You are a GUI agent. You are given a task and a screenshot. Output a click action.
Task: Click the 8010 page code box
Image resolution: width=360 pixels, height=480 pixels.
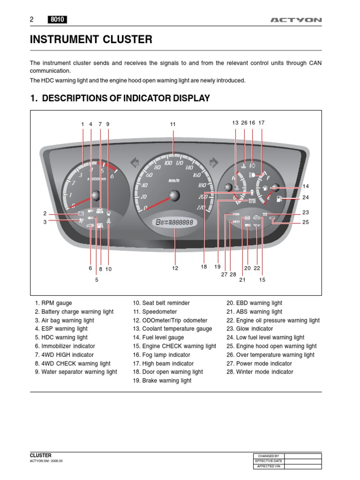pyautogui.click(x=57, y=20)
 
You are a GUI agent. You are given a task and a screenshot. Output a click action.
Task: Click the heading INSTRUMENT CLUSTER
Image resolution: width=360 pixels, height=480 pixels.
pyautogui.click(x=91, y=40)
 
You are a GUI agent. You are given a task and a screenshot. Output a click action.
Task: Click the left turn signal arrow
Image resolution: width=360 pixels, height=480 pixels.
pyautogui.click(x=134, y=162)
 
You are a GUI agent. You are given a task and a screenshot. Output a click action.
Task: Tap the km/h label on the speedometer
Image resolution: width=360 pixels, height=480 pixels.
pyautogui.click(x=174, y=180)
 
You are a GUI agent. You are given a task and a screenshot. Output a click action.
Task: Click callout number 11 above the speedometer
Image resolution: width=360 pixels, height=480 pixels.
pyautogui.click(x=172, y=124)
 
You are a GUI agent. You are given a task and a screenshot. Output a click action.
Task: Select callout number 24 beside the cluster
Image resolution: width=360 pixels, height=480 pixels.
pyautogui.click(x=306, y=197)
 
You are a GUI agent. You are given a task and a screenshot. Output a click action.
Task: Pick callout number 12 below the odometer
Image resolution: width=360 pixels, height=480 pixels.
pyautogui.click(x=175, y=268)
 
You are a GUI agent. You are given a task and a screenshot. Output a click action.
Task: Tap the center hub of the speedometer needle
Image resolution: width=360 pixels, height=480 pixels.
pyautogui.click(x=174, y=196)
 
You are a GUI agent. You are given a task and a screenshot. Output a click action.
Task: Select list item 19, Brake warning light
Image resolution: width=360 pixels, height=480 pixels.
pyautogui.click(x=162, y=381)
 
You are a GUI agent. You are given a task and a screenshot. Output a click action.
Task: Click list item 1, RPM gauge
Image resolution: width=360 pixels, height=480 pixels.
pyautogui.click(x=53, y=303)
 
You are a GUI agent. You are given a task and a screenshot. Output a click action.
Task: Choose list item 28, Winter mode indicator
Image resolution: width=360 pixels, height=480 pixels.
pyautogui.click(x=260, y=372)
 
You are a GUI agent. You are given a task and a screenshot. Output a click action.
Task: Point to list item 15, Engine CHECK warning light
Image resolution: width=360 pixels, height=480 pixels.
pyautogui.click(x=174, y=346)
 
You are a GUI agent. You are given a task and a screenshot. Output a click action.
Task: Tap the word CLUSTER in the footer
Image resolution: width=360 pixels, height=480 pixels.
pyautogui.click(x=41, y=455)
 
